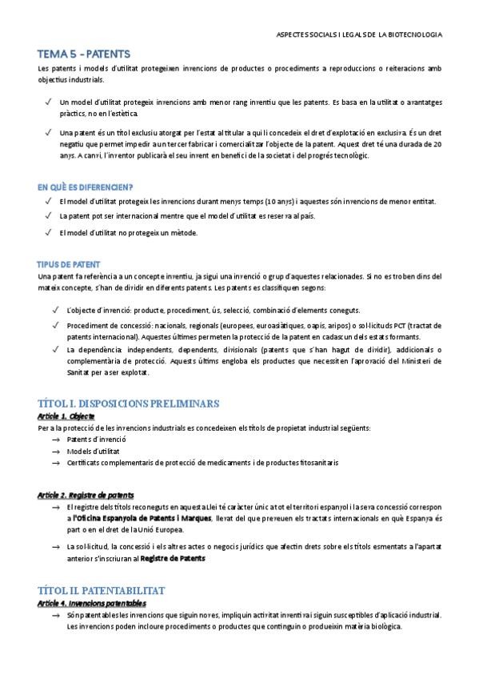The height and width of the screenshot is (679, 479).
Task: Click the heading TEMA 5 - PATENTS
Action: [x=84, y=54]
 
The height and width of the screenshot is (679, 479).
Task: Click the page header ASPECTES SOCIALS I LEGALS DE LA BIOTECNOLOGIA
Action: [x=358, y=35]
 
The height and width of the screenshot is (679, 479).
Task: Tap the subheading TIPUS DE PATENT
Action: [x=68, y=263]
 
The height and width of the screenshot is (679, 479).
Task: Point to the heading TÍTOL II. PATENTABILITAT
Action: [x=101, y=588]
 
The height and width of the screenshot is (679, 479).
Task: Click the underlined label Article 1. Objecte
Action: [x=66, y=416]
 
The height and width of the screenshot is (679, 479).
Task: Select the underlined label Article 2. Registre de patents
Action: [x=86, y=495]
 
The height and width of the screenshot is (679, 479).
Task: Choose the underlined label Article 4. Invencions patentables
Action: [x=92, y=601]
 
